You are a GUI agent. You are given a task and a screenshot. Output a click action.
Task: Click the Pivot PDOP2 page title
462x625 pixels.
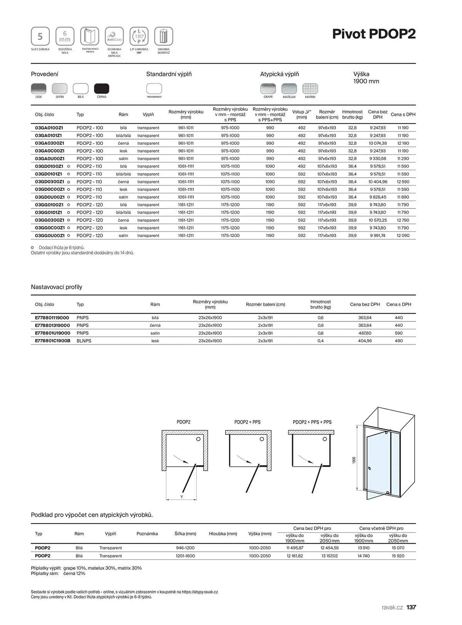[374, 34]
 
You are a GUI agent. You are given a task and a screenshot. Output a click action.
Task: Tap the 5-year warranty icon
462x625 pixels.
[40, 36]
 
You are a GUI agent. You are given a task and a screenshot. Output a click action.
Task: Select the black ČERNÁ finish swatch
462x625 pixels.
[102, 89]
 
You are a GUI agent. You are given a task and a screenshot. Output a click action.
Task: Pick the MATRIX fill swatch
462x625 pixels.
[310, 89]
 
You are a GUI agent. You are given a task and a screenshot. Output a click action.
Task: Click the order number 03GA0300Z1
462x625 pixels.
[50, 143]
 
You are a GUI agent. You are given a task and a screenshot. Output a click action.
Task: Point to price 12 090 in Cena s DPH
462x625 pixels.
[403, 236]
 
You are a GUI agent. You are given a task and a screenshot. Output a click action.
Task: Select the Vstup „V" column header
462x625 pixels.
[301, 114]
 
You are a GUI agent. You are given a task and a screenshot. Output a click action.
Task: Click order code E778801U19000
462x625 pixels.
[52, 333]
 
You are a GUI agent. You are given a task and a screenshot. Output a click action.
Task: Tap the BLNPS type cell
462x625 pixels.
[84, 341]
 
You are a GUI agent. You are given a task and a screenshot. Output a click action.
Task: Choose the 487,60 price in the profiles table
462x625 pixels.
[365, 333]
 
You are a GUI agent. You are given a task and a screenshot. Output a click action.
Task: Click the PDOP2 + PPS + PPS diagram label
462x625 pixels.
[312, 422]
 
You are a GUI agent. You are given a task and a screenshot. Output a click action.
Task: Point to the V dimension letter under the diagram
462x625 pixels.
[182, 497]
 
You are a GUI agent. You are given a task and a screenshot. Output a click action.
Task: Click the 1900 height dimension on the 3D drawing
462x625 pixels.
[354, 460]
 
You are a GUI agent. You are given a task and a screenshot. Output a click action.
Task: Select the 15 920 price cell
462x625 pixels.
[398, 556]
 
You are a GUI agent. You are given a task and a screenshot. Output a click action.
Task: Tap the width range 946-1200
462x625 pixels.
[185, 548]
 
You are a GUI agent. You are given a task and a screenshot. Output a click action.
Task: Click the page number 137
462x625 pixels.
[411, 607]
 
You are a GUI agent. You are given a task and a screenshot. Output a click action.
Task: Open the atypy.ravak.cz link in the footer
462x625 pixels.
[200, 592]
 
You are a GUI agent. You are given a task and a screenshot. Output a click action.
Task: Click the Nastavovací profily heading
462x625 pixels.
[56, 287]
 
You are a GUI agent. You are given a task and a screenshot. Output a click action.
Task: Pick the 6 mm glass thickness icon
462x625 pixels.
[65, 36]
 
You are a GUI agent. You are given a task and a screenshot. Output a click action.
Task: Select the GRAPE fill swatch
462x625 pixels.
[268, 89]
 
